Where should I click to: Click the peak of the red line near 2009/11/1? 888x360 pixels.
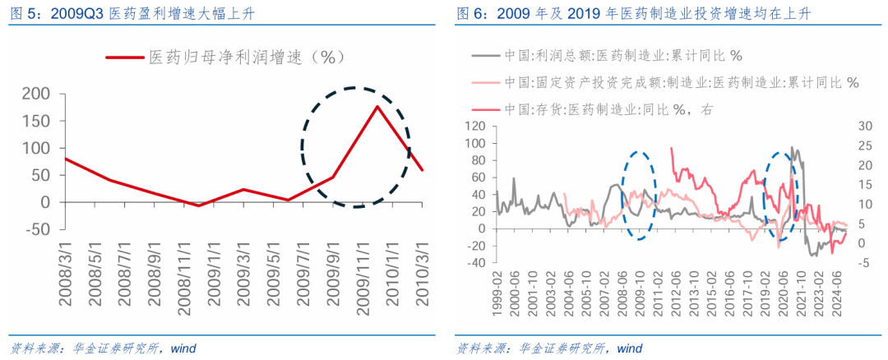pos(377,106)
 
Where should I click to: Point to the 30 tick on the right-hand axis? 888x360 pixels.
pos(861,126)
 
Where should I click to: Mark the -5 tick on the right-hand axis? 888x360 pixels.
pos(858,263)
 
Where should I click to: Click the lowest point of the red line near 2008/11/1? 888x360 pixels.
pos(198,205)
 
